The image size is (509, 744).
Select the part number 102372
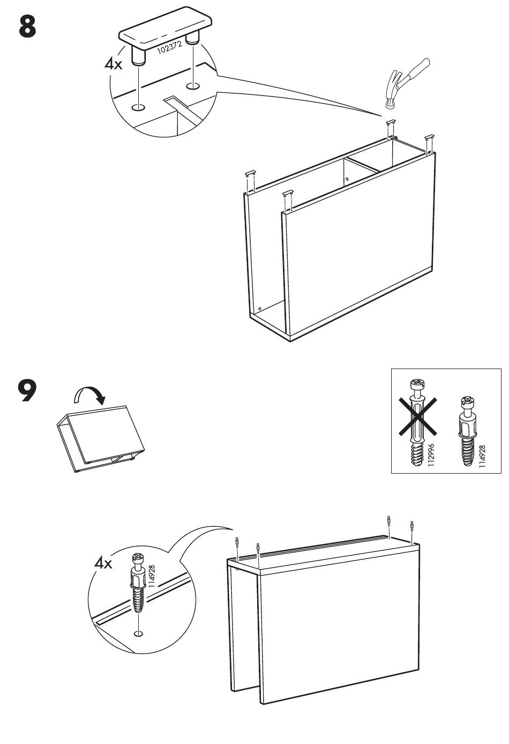pos(169,48)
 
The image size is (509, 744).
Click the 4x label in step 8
pos(114,64)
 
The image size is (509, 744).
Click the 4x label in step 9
pos(103,563)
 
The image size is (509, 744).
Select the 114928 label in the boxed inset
pos(482,455)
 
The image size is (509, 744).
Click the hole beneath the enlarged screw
pos(139,634)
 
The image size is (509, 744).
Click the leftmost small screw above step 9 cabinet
pos(237,543)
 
